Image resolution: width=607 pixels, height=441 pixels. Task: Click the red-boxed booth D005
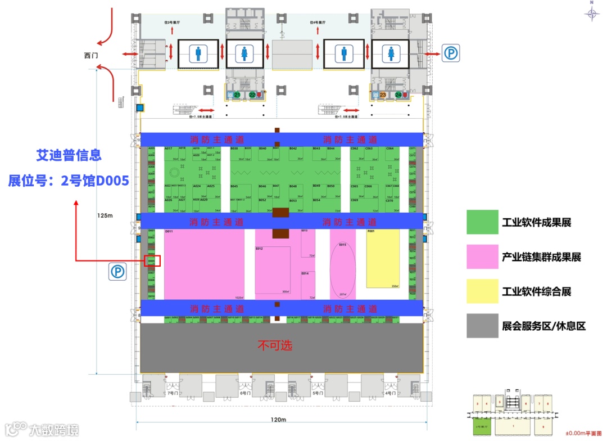[x=152, y=261]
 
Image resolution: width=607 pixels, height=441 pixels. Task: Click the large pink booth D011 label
[x=169, y=231]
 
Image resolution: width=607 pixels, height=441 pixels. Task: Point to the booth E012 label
[x=259, y=248]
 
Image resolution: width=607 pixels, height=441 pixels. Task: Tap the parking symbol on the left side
[x=118, y=272]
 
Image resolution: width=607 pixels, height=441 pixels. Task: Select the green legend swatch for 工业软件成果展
[x=482, y=222]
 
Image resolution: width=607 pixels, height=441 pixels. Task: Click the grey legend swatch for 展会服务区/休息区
[x=482, y=325]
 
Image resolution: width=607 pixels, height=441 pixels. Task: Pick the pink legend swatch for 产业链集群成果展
[x=482, y=256]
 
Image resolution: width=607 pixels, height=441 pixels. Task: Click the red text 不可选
[x=275, y=345]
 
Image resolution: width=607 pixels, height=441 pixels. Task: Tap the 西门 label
[x=91, y=56]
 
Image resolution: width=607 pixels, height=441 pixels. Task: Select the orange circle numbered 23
[x=383, y=95]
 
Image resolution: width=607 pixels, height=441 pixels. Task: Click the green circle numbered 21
[x=237, y=95]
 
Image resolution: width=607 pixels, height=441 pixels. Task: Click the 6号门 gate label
[x=244, y=393]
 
